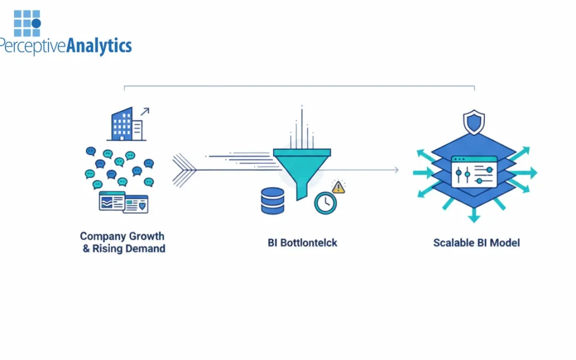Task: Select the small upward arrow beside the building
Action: point(145,111)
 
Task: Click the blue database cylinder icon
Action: point(272,201)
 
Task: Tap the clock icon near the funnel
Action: point(325,203)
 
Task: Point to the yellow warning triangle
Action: point(338,187)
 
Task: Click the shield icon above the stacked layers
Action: point(474,122)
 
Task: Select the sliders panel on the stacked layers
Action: point(474,171)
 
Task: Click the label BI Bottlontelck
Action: point(302,243)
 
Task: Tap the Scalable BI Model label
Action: point(476,243)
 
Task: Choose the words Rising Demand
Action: point(128,249)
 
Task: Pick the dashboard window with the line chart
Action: point(111,201)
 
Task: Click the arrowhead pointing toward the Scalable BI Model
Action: point(396,170)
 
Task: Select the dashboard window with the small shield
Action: point(136,204)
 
